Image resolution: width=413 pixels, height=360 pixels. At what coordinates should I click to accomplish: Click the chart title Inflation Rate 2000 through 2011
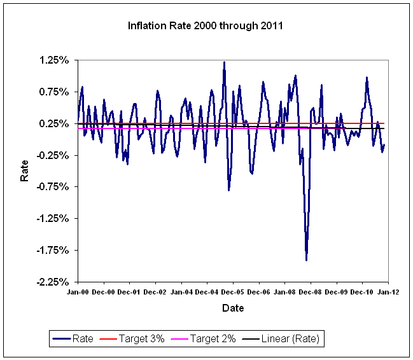pyautogui.click(x=206, y=27)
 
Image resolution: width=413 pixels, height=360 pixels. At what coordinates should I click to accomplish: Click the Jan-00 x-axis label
pyautogui.click(x=78, y=293)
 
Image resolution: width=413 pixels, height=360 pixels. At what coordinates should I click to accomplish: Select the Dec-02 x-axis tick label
pyautogui.click(x=155, y=293)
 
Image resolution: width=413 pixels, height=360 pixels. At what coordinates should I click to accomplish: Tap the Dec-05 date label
pyautogui.click(x=232, y=293)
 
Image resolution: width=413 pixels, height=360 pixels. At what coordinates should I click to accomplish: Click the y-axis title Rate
pyautogui.click(x=25, y=171)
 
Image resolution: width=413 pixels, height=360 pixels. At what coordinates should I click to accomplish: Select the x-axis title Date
pyautogui.click(x=232, y=308)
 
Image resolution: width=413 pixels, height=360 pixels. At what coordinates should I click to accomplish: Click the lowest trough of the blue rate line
pyautogui.click(x=307, y=260)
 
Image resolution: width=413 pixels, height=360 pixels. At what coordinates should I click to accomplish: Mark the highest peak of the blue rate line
pyautogui.click(x=224, y=62)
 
